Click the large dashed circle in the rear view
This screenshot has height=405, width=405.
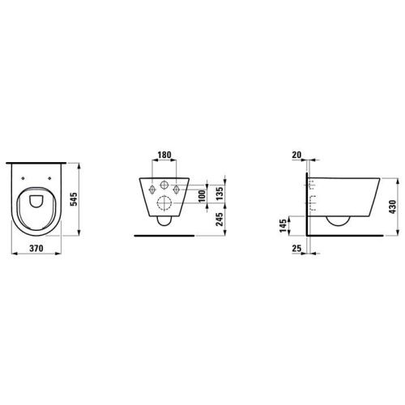(x=164, y=203)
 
